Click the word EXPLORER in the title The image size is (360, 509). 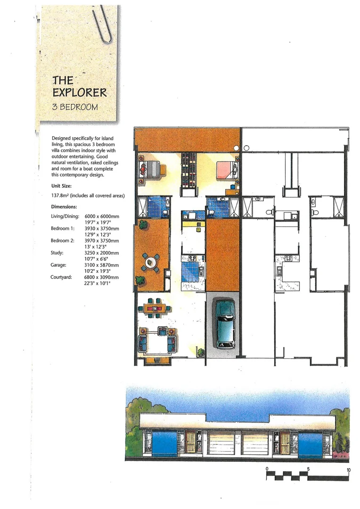80,92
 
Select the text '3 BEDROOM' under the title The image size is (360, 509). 75,107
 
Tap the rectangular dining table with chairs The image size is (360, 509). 154,308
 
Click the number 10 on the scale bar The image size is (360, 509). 348,469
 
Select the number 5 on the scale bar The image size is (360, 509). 308,469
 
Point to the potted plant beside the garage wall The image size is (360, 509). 201,352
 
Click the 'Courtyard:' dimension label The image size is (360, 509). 61,277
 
